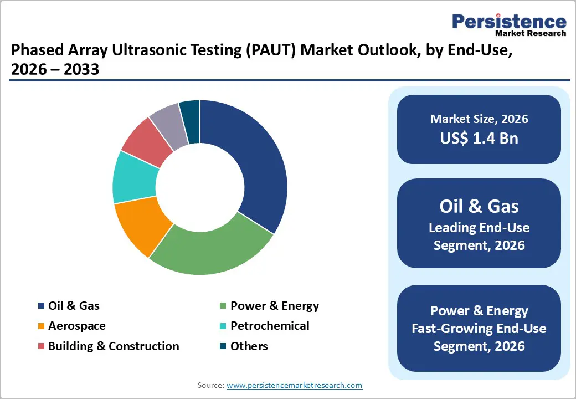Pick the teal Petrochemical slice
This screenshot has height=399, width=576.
[133, 177]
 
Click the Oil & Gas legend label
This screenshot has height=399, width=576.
[74, 305]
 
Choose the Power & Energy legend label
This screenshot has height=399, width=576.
[274, 305]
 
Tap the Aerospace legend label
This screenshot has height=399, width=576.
[76, 326]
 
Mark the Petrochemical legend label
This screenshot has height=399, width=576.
[270, 326]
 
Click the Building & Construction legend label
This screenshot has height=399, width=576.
[114, 346]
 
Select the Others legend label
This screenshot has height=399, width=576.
[249, 346]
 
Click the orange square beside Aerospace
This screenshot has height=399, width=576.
[41, 326]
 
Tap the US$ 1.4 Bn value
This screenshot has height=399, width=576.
[479, 138]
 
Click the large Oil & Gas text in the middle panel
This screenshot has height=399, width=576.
[479, 206]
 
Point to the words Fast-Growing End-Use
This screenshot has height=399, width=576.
[479, 329]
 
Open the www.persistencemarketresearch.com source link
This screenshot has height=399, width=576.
[294, 385]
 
